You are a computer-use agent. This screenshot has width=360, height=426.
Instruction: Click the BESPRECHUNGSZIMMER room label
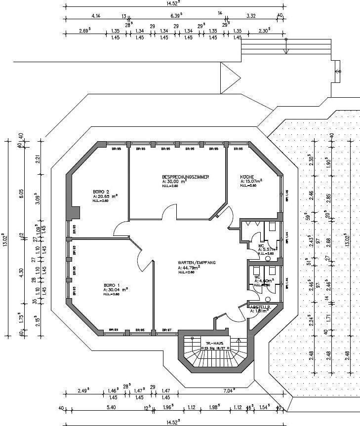tap(185, 176)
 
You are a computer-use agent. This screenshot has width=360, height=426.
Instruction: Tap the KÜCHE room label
tap(247, 176)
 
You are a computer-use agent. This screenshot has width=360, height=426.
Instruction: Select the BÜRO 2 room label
tap(101, 191)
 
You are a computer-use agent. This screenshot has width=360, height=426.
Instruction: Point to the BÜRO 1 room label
tap(112, 285)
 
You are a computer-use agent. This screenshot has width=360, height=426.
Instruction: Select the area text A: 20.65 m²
tap(105, 196)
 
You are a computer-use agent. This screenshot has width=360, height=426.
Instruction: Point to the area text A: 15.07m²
tap(251, 181)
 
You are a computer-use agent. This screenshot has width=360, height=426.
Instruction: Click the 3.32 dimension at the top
tap(251, 16)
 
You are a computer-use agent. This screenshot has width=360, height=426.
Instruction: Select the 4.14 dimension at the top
tap(95, 16)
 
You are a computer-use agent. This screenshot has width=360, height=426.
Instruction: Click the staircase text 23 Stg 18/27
tap(213, 348)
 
